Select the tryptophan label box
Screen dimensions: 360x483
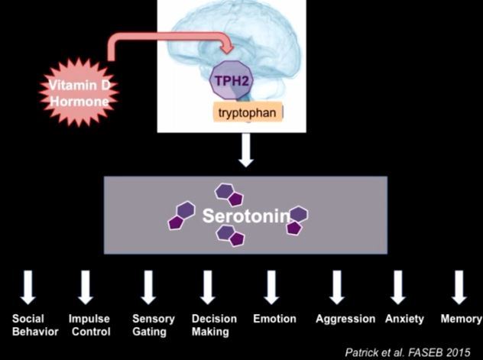(248, 113)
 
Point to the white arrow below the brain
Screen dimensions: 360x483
(245, 151)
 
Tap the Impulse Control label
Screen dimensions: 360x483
(90, 325)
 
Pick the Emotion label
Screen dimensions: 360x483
(274, 319)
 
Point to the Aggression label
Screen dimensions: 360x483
(345, 319)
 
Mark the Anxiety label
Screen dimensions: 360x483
(404, 319)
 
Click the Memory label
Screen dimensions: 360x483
(461, 319)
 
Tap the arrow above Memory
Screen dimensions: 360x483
(459, 287)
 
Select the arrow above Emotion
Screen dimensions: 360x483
(271, 287)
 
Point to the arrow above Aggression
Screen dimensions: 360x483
(336, 287)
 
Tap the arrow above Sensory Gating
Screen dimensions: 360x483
(149, 287)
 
